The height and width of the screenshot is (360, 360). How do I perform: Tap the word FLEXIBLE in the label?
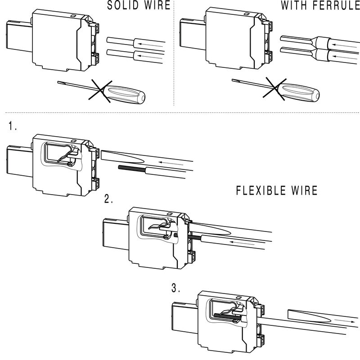point(262,191)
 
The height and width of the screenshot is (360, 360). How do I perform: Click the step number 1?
point(12,126)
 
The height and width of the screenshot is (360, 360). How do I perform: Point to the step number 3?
point(176,289)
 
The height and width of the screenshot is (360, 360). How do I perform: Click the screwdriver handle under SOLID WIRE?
point(127,94)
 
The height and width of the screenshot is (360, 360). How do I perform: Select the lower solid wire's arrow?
point(149,56)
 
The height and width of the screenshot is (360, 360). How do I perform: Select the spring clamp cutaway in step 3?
point(225,311)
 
